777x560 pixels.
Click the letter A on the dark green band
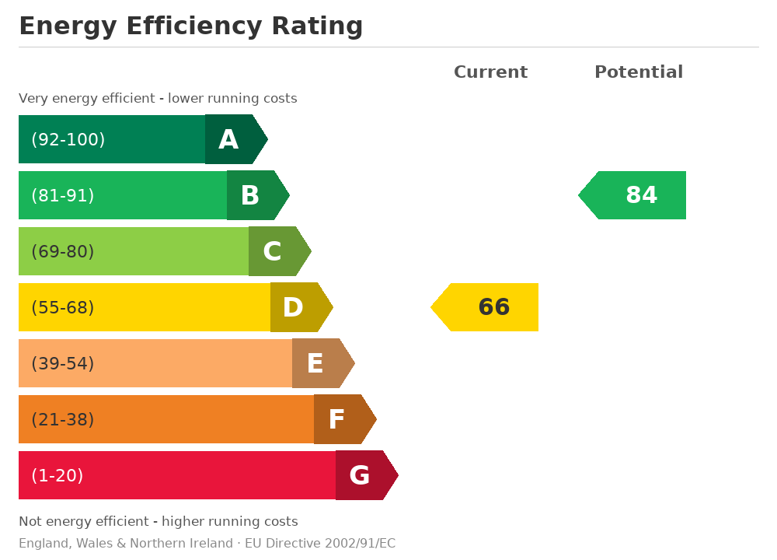coord(228,139)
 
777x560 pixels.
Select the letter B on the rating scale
coord(250,195)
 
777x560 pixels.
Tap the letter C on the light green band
coord(272,251)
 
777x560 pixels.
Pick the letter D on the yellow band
coord(293,307)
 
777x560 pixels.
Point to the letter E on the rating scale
coord(315,363)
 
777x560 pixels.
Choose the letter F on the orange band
coord(336,420)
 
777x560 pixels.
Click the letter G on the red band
coord(359,476)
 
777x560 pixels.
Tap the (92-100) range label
coord(68,139)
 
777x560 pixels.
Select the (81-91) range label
coord(63,195)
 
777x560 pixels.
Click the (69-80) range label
coord(63,251)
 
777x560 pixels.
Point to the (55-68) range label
coord(63,307)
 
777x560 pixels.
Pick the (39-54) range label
coord(63,363)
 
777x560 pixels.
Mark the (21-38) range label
coord(63,420)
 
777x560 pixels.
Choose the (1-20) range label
coord(57,476)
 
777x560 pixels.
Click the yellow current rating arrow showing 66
coord(485,307)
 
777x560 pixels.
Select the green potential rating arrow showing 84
coord(632,195)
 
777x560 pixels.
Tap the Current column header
coord(490,72)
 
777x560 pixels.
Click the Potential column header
coord(639,72)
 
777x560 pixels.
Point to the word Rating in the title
coord(317,26)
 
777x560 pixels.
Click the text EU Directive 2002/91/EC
coord(320,543)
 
